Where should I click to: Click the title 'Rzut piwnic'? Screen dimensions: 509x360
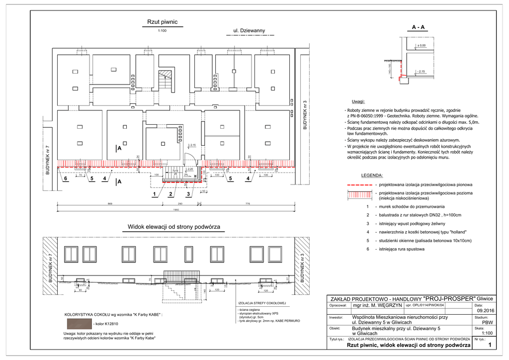162,22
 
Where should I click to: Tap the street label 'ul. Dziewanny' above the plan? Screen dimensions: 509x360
250,31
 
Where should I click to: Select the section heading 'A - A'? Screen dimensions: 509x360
418,27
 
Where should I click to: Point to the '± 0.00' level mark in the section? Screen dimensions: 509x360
422,46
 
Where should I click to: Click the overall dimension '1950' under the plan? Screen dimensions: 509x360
176,209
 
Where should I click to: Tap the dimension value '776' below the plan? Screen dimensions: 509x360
247,204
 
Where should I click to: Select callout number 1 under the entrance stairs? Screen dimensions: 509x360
154,193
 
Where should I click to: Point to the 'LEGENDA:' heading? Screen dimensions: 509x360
372,176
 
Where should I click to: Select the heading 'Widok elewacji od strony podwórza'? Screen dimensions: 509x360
173,227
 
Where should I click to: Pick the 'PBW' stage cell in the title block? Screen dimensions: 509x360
481,322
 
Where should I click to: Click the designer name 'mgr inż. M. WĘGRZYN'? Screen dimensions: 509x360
377,305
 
